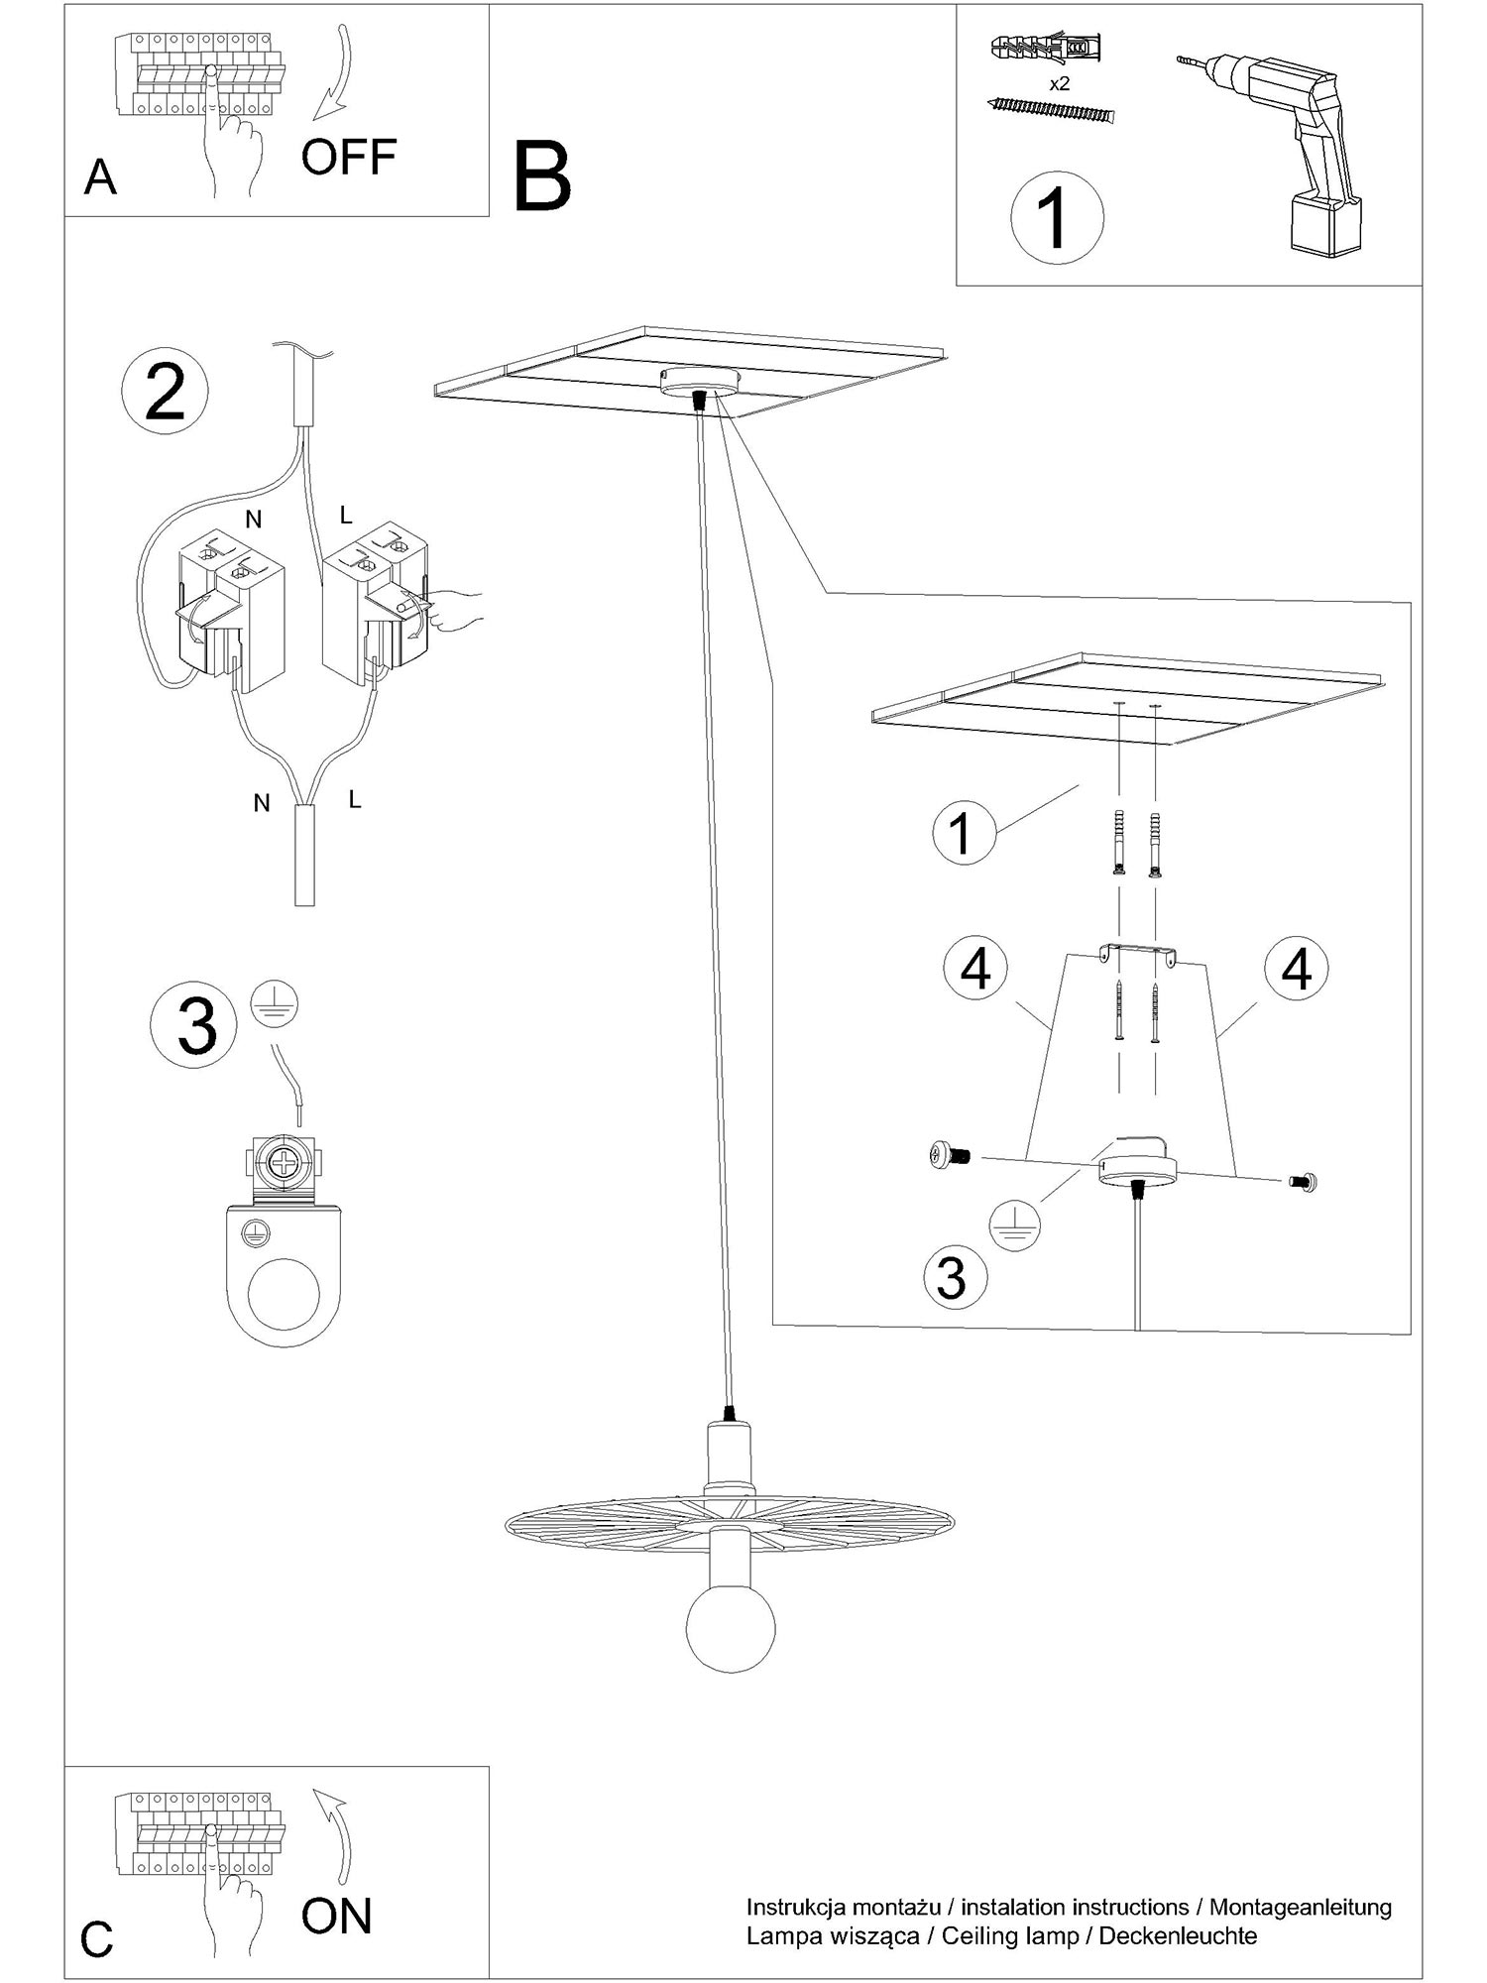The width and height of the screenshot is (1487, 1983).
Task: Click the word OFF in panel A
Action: (349, 157)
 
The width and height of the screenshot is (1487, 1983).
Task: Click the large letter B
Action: (542, 176)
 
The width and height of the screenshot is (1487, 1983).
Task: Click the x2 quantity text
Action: (1060, 84)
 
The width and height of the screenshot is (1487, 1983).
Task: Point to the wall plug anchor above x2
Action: (1046, 48)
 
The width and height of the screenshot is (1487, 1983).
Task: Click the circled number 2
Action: (165, 393)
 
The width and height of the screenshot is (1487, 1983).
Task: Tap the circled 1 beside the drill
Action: (1057, 218)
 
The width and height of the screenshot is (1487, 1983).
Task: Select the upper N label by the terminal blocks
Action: (253, 519)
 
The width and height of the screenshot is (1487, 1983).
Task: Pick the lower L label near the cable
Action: (355, 799)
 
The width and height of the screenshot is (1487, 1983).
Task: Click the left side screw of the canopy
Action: (949, 1154)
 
